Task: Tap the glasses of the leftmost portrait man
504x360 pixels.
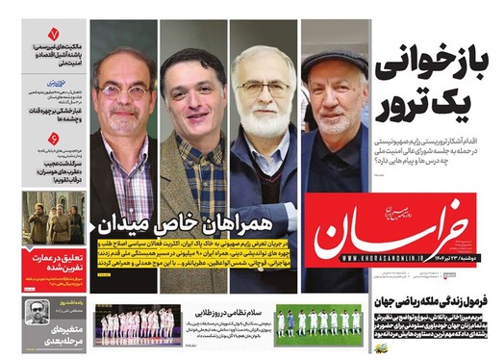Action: pyautogui.click(x=123, y=92)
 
